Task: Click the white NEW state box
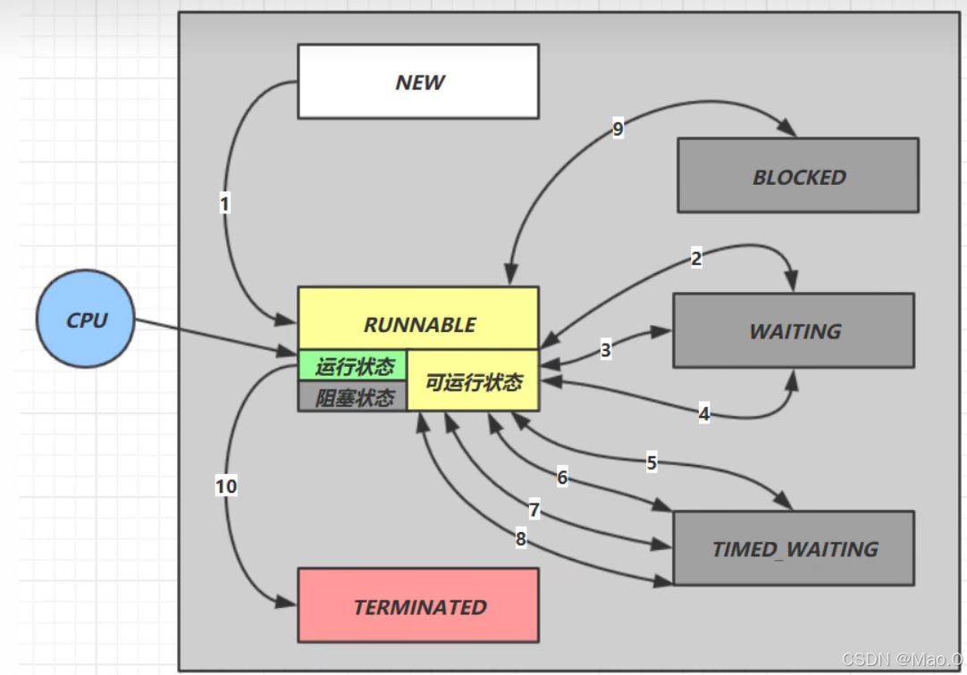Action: point(417,81)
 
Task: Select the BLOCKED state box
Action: point(797,175)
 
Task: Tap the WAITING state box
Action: point(793,330)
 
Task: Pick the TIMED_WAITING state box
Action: point(793,548)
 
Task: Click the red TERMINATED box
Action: point(417,605)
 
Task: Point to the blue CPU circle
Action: point(86,319)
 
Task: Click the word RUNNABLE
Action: point(418,324)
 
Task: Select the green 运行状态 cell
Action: point(353,366)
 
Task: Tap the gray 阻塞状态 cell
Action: point(353,397)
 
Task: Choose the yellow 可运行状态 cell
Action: point(473,382)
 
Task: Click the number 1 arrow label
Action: point(224,204)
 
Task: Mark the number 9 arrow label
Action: point(618,129)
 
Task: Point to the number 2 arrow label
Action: point(696,259)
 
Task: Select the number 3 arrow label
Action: point(606,350)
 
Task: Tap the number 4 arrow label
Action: point(704,414)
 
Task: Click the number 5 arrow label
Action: point(652,462)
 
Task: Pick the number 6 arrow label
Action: point(562,478)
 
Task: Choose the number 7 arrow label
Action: point(534,510)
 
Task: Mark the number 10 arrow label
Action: point(226,487)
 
